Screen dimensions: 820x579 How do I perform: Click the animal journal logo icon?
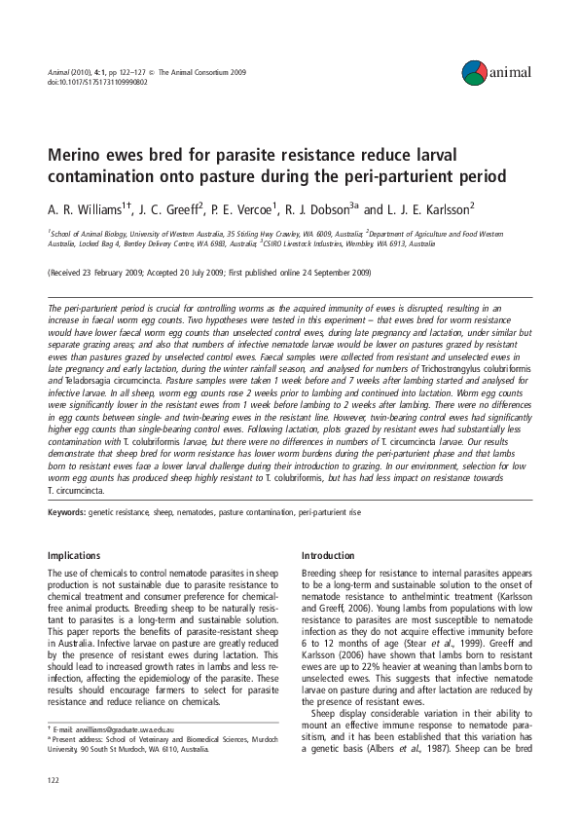click(474, 69)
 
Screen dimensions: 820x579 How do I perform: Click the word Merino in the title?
click(77, 158)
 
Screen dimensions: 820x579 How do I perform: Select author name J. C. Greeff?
click(170, 207)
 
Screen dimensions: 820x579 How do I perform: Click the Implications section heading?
click(74, 555)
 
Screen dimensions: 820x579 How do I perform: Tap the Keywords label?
click(66, 511)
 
